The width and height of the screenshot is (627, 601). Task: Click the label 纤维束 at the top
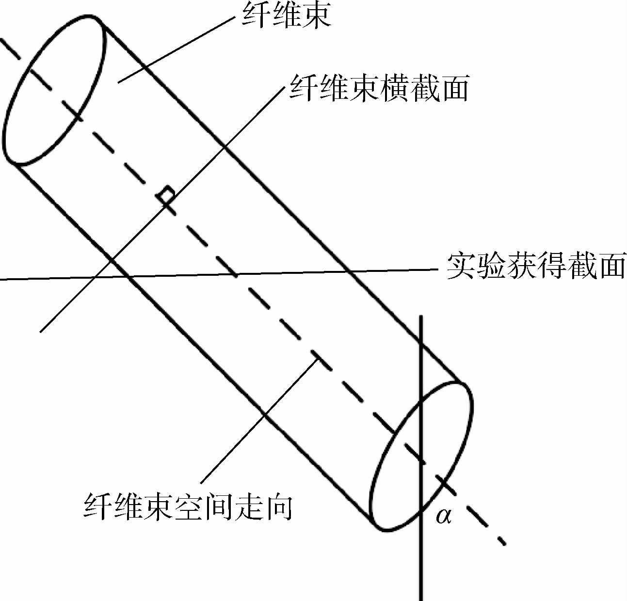[x=286, y=15]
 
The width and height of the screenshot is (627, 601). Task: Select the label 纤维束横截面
[x=379, y=89]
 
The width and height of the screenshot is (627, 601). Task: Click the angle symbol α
[x=443, y=516]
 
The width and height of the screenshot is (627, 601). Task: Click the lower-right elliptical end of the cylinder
[x=421, y=456]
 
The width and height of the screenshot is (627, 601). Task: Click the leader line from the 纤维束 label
[x=175, y=48]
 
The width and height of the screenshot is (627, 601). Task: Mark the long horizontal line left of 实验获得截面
[x=194, y=275]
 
